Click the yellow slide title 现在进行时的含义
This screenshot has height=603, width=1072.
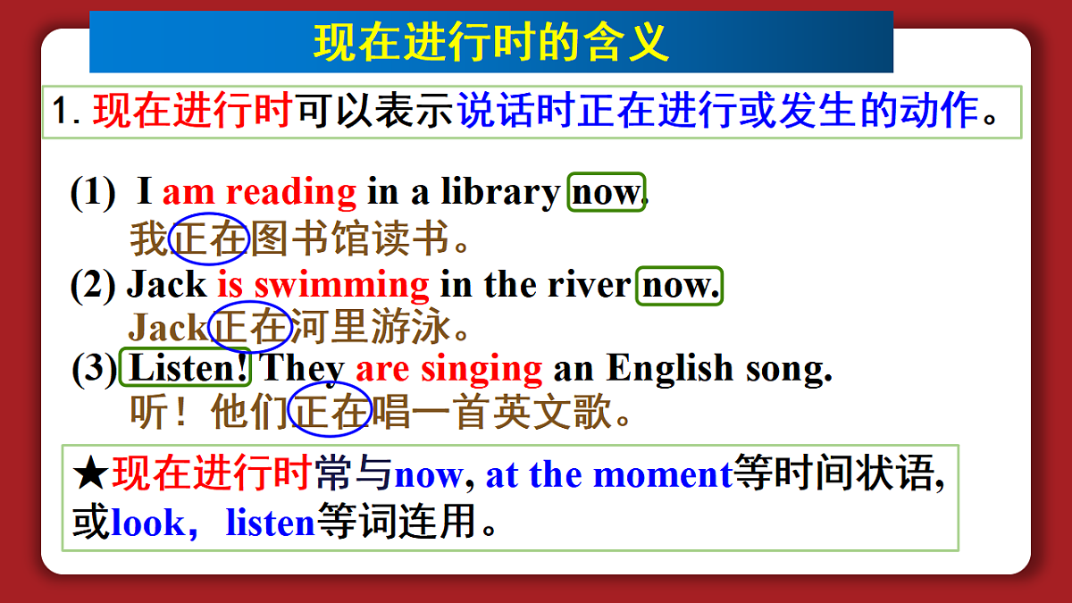(x=491, y=42)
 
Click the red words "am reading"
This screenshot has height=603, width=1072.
(x=259, y=192)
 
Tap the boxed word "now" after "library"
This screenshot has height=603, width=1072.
(x=606, y=192)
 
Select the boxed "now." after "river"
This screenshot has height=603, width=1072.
(x=679, y=285)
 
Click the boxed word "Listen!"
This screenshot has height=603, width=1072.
(x=187, y=368)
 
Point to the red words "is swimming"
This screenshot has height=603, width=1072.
(x=323, y=285)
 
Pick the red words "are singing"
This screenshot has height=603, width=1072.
(x=448, y=368)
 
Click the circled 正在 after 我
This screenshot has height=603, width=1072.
(x=208, y=239)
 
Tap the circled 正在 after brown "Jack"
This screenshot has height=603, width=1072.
(x=249, y=328)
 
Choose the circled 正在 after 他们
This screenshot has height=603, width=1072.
(x=331, y=412)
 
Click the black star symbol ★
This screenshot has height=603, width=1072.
(x=90, y=474)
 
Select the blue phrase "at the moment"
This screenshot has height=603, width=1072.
(x=608, y=474)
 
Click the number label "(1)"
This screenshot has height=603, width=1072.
(x=93, y=193)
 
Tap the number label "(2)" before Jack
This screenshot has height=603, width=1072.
(x=94, y=286)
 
